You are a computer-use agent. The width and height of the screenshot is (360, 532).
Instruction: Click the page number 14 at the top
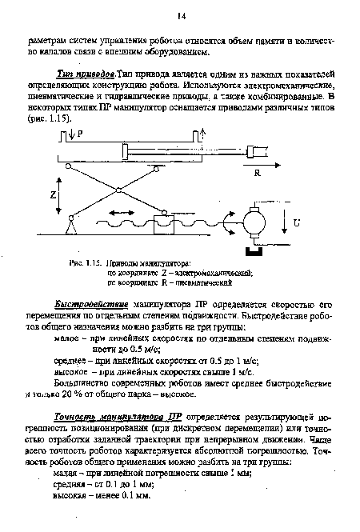(182, 15)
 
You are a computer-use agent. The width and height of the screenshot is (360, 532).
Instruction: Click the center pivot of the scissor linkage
(118, 190)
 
